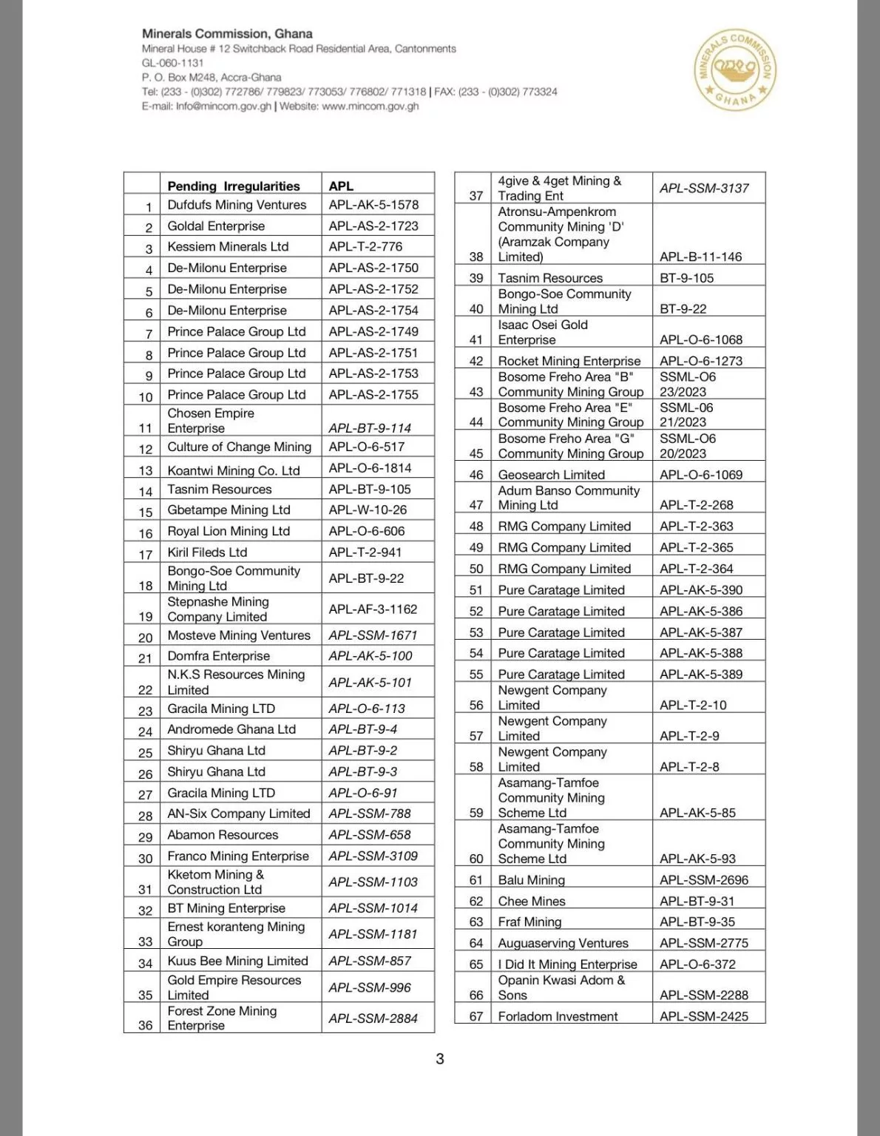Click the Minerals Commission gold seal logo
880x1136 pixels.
pyautogui.click(x=736, y=70)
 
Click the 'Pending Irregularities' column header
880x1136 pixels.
pyautogui.click(x=234, y=186)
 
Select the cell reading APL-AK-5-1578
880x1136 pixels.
pyautogui.click(x=373, y=205)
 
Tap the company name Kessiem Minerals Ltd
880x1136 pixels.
pyautogui.click(x=228, y=247)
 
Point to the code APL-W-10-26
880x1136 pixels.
pyautogui.click(x=368, y=510)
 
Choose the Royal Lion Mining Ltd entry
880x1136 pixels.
pyautogui.click(x=229, y=531)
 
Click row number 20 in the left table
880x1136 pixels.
pyautogui.click(x=146, y=638)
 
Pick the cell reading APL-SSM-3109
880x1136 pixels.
pyautogui.click(x=373, y=856)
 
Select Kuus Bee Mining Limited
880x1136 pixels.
pyautogui.click(x=237, y=961)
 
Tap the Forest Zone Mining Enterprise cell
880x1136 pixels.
pyautogui.click(x=222, y=1018)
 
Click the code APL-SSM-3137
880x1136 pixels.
pyautogui.click(x=704, y=189)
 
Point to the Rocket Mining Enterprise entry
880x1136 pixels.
pyautogui.click(x=569, y=361)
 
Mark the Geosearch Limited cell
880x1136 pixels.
pyautogui.click(x=552, y=475)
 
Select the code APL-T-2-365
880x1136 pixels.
pyautogui.click(x=697, y=547)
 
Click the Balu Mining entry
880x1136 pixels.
pyautogui.click(x=532, y=880)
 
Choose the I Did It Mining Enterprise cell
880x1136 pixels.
pyautogui.click(x=567, y=964)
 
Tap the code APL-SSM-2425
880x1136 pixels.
pyautogui.click(x=704, y=1016)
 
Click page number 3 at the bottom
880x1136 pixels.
pyautogui.click(x=440, y=1059)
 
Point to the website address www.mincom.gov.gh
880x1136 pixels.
pyautogui.click(x=370, y=106)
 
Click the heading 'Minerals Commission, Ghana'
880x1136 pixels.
pyautogui.click(x=227, y=34)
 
